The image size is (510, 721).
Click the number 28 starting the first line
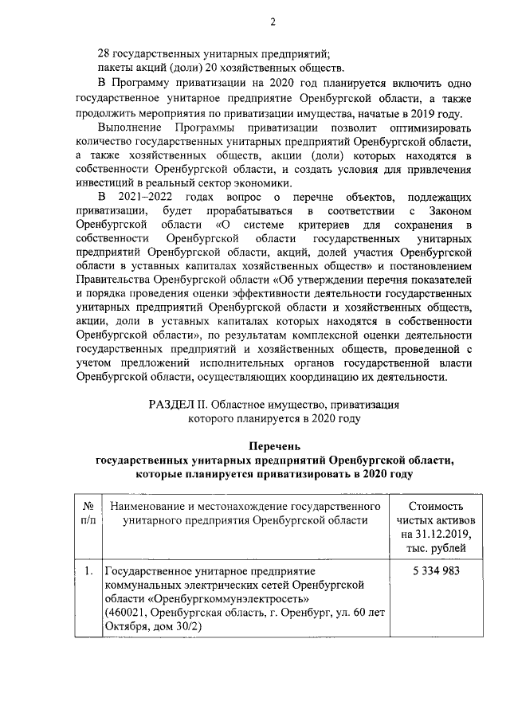tap(102, 54)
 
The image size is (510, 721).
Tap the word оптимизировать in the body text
tap(426, 127)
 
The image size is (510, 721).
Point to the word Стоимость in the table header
tap(435, 505)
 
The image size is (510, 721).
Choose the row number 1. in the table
tap(89, 570)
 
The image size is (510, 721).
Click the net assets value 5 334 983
tap(435, 570)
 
